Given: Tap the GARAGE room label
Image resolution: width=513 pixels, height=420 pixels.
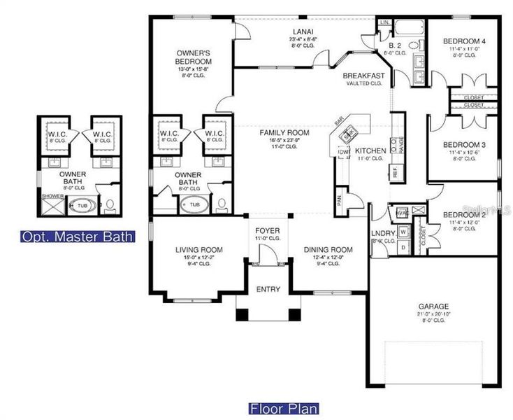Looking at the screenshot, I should tap(434, 306).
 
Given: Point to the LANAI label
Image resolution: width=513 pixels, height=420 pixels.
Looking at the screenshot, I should tap(303, 31).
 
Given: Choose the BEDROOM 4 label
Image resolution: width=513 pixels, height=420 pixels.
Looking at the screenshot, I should tap(464, 42).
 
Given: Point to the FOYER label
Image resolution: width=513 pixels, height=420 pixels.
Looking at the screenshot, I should tap(268, 230).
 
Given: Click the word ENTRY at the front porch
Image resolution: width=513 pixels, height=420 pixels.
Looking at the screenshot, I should tap(268, 290).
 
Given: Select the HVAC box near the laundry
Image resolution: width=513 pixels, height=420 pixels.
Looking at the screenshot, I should tap(402, 212).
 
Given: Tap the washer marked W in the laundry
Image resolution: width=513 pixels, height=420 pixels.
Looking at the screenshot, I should tap(404, 232).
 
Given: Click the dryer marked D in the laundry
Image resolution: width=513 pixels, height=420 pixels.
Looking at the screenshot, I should tap(404, 247).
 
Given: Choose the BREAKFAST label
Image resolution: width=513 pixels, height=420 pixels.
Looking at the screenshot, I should tap(363, 76).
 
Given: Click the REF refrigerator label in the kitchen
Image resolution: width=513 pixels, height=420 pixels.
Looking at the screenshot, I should tap(395, 171).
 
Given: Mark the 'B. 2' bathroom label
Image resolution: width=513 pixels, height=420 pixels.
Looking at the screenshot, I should tap(395, 45).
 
